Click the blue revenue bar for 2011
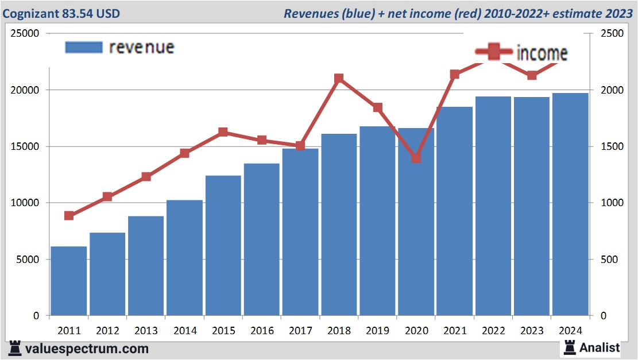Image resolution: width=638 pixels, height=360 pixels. [69, 281]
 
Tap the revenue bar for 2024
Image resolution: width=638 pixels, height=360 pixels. [570, 204]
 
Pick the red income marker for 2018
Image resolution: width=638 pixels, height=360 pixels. [339, 79]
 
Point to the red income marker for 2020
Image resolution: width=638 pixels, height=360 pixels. [416, 158]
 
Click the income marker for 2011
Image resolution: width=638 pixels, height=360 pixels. [69, 216]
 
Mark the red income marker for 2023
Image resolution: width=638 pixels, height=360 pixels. [532, 75]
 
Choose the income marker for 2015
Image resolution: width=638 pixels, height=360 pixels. [223, 132]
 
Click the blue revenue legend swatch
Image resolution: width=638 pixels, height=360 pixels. [84, 47]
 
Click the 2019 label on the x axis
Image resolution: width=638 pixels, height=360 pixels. [377, 331]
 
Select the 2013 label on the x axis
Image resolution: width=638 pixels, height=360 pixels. [146, 331]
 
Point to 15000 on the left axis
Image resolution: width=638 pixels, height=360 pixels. [24, 146]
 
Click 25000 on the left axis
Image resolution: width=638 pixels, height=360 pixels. [24, 34]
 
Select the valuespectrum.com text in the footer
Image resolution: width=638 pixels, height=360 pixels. [86, 349]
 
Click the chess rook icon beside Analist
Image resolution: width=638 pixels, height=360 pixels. [570, 347]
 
